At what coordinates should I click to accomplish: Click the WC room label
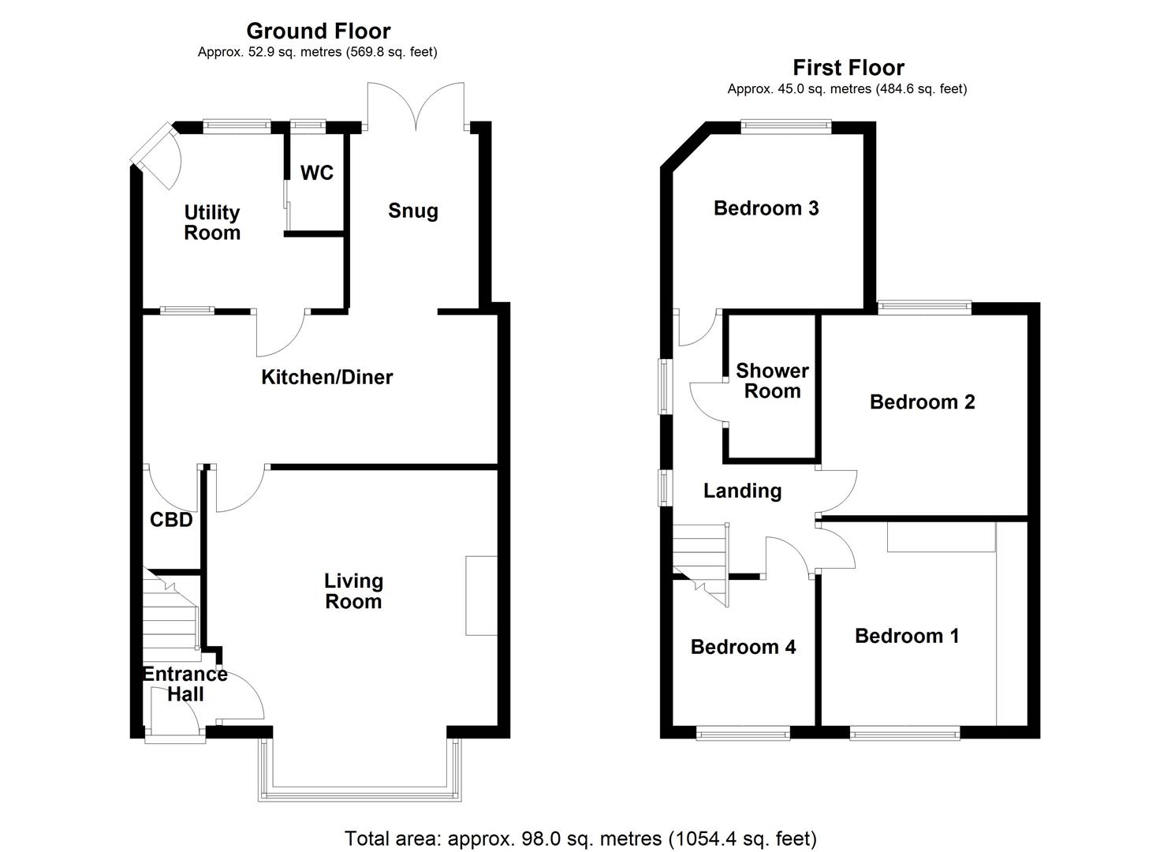point(317,173)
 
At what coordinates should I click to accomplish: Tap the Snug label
point(412,211)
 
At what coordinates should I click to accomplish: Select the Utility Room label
point(211,222)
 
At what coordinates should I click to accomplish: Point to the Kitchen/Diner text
point(326,377)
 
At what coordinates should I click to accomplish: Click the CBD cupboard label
point(171,520)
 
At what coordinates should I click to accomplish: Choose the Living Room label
point(353,591)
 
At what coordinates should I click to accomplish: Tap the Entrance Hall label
point(185,684)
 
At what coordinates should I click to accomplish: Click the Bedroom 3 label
point(766,208)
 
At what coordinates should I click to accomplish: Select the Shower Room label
point(772,381)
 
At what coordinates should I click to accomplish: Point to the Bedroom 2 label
point(922,402)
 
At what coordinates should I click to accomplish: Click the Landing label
point(742,491)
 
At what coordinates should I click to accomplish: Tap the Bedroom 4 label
point(743,647)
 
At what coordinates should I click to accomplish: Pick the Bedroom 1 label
point(907,636)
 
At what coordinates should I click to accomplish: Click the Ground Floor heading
point(318,31)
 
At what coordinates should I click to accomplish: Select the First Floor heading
point(848,68)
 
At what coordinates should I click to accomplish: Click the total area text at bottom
point(580,838)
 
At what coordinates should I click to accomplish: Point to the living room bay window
point(359,793)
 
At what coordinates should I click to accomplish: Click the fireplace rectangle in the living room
point(481,596)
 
